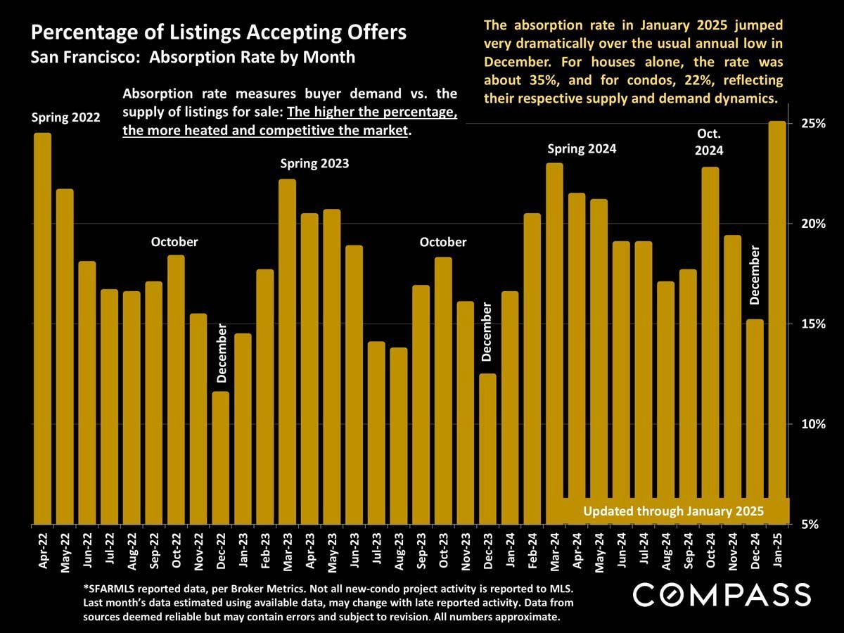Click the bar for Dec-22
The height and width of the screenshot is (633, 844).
coord(220,457)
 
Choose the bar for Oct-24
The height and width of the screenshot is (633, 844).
coord(710,345)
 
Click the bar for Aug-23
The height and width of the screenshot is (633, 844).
coord(398,436)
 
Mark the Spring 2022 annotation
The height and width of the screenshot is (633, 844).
coord(65,117)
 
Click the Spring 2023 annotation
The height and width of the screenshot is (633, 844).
coord(314,164)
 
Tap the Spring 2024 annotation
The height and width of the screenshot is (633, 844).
coord(582,149)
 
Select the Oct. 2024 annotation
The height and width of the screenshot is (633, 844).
coord(710,141)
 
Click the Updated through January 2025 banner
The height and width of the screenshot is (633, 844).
coord(673,511)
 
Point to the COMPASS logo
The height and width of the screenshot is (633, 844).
coord(722,594)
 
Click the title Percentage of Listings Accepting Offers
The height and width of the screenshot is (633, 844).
coord(219,32)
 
